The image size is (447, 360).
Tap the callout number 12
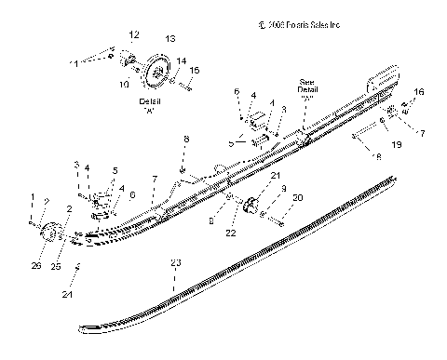tap(133, 34)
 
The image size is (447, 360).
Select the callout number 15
tap(194, 71)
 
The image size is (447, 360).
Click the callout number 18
tap(376, 158)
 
